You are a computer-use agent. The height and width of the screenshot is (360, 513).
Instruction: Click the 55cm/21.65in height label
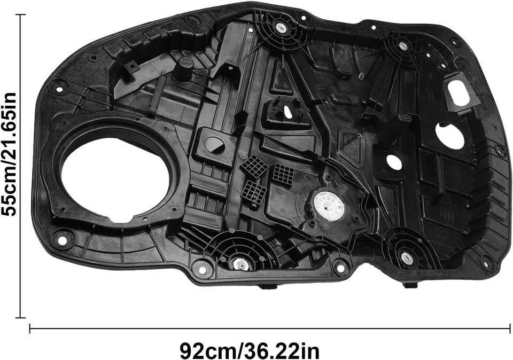click(x=9, y=154)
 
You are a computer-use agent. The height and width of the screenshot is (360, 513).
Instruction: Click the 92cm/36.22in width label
click(x=250, y=351)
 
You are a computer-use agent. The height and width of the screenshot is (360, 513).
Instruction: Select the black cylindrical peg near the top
click(x=184, y=69)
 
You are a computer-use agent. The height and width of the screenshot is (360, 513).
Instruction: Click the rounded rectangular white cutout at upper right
click(x=458, y=93)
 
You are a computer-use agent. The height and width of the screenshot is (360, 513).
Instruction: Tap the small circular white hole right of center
click(x=394, y=162)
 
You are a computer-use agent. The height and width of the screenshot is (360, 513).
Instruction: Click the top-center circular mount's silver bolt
click(x=281, y=27)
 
